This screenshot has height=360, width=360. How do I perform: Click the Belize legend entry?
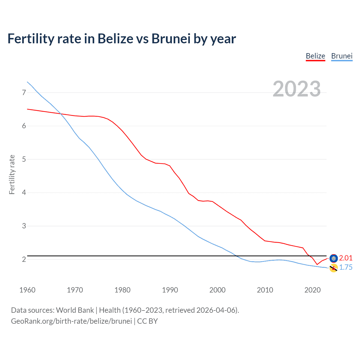coord(315,56)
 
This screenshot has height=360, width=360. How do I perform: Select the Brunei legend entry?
coord(342,56)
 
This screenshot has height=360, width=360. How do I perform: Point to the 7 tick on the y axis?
coord(24,93)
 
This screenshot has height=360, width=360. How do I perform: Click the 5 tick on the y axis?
coord(24,159)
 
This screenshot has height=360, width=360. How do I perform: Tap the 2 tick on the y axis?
coord(24,259)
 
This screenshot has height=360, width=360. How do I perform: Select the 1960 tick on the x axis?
coord(27,290)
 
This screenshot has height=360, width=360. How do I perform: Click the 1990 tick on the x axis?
coord(170,290)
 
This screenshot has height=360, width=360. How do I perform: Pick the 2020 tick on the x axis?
coord(312,290)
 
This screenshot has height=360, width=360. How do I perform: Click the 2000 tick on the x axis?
coord(217,290)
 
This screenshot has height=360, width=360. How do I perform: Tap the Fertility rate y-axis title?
coord(12,174)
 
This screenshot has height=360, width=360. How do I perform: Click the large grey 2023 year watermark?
coord(296,89)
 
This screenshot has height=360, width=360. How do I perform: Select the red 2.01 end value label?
coord(346,258)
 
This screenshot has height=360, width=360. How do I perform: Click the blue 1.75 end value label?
coord(346,267)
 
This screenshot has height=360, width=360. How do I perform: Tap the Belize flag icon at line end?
coord(334,258)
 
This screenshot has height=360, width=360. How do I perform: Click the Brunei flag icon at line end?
coord(334,268)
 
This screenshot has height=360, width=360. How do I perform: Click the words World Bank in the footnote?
coord(75,310)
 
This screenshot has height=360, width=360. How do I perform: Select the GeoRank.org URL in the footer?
coord(71,321)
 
